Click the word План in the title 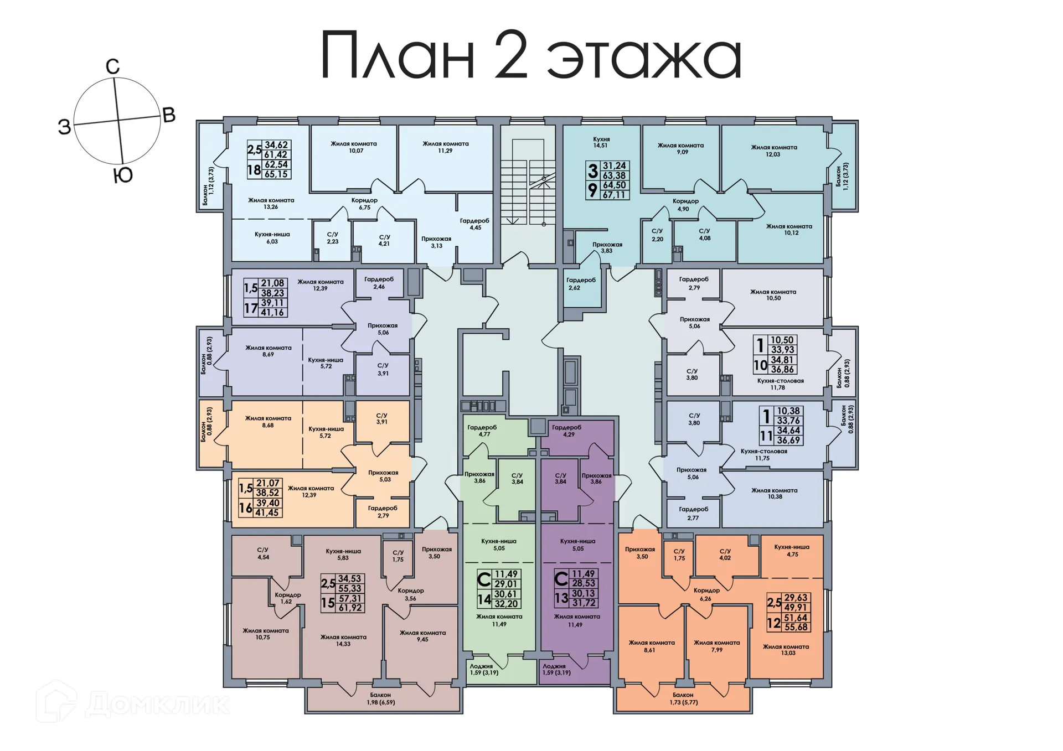tap(398, 55)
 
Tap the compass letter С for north tap(112, 67)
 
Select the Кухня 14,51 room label tap(601, 142)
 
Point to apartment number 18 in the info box tap(254, 170)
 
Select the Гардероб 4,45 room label tap(474, 224)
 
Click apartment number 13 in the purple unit tap(561, 598)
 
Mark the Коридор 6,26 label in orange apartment tap(706, 594)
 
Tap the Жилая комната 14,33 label tap(343, 640)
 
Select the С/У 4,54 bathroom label tap(263, 553)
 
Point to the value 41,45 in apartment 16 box tap(267, 513)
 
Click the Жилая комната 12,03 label tap(773, 151)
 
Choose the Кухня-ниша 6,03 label tap(272, 238)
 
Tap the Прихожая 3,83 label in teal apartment tap(607, 247)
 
